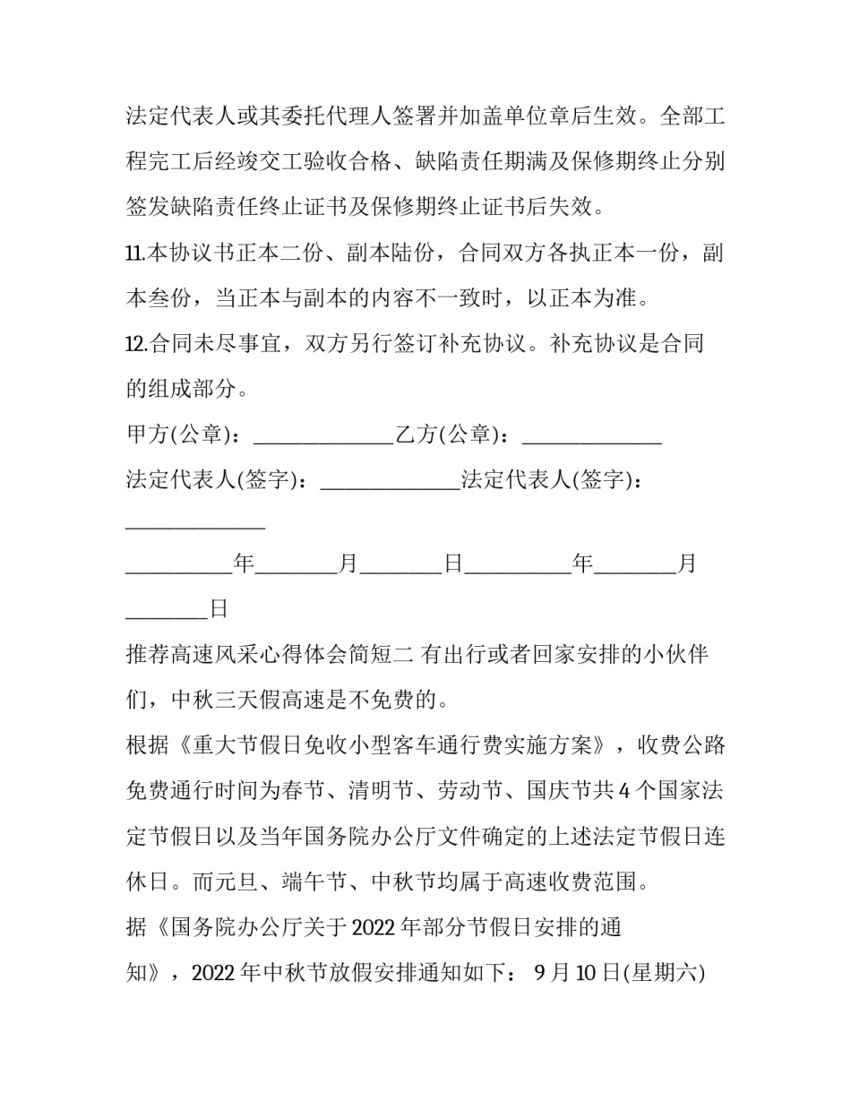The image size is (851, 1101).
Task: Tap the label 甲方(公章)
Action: click(178, 434)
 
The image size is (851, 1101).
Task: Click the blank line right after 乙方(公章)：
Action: click(591, 438)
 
